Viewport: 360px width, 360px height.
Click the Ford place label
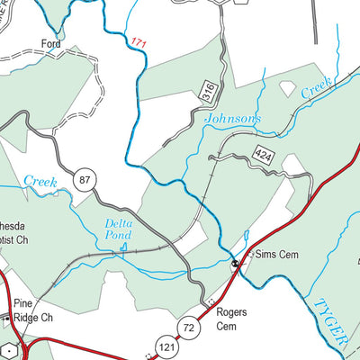pyautogui.click(x=51, y=42)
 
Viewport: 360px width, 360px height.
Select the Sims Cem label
pyautogui.click(x=274, y=255)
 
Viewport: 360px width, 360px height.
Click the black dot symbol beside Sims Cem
pyautogui.click(x=235, y=264)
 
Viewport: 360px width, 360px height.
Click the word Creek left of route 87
pyautogui.click(x=40, y=182)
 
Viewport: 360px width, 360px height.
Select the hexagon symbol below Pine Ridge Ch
pyautogui.click(x=8, y=349)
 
